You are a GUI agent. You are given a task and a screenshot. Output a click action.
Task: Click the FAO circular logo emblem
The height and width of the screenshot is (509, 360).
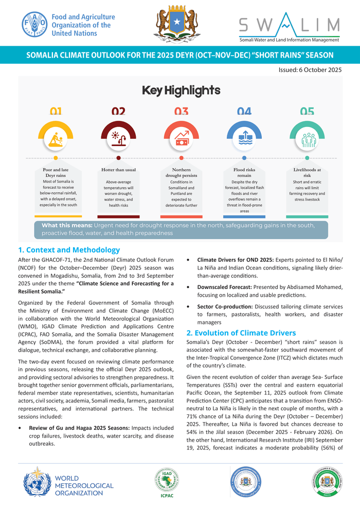point(34,25)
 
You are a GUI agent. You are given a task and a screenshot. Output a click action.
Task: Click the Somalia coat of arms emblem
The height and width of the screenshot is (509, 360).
point(176,24)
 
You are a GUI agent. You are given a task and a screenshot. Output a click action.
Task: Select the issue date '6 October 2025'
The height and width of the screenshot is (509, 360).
point(310,69)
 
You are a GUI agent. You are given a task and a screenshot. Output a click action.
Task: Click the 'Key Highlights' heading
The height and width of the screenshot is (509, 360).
point(181,91)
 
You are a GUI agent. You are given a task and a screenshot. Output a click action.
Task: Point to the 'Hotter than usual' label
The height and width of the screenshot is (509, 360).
point(118,170)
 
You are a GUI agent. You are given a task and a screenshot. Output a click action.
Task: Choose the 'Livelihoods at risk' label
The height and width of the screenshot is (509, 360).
point(307,172)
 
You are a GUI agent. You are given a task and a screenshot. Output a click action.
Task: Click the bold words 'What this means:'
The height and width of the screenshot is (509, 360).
point(66,225)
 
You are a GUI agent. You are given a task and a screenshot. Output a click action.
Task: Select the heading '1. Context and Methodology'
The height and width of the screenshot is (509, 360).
point(69,250)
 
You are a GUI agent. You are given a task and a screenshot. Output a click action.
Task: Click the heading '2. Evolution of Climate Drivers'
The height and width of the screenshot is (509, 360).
point(241,333)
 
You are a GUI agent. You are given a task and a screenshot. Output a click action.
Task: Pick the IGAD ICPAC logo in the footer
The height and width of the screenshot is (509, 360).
point(167,482)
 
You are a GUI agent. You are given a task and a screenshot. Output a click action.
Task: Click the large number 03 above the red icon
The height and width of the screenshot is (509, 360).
point(181,112)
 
